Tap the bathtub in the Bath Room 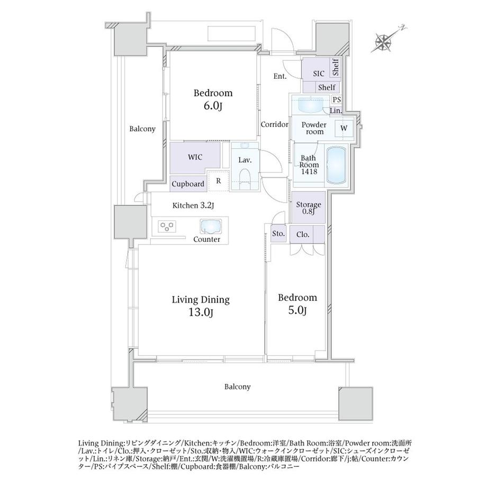(x=336, y=165)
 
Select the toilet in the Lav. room (x=245, y=178)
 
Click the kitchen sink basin (x=211, y=226)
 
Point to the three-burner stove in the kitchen (x=167, y=226)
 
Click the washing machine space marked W (x=344, y=128)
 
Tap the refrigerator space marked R (x=219, y=181)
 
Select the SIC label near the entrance (x=319, y=74)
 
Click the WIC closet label (x=195, y=157)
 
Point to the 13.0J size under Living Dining (x=201, y=312)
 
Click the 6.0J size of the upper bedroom (x=213, y=106)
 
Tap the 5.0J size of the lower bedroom (x=297, y=310)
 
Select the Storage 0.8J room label (x=309, y=208)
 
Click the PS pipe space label (x=337, y=100)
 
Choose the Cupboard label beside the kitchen (x=188, y=184)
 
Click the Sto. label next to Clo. (x=278, y=233)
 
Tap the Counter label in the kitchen (x=206, y=239)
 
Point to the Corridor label (x=275, y=124)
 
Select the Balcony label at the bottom (x=237, y=387)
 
